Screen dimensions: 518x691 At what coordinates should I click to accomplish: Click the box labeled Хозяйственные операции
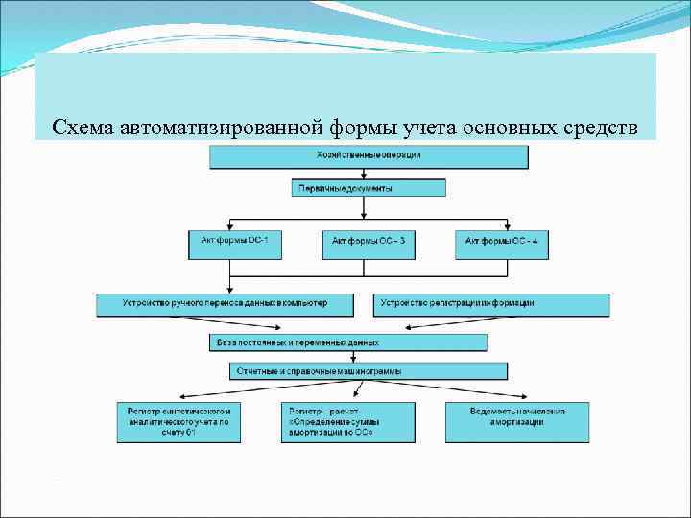pos(369,156)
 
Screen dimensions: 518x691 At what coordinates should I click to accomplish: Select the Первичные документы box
pos(369,189)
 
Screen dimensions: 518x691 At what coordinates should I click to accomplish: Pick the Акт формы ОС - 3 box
pos(369,244)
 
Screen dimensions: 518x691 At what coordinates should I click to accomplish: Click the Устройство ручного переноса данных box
pos(226,304)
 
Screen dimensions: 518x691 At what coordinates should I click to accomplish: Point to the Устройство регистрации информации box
pos(490,304)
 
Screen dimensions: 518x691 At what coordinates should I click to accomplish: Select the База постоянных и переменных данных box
pos(347,342)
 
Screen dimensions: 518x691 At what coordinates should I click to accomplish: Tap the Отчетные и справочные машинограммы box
pos(369,370)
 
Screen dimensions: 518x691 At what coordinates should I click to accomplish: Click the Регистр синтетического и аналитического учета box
pos(179,422)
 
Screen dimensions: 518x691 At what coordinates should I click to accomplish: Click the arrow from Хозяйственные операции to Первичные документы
pos(369,175)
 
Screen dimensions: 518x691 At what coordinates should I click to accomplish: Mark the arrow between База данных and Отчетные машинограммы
pos(369,356)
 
